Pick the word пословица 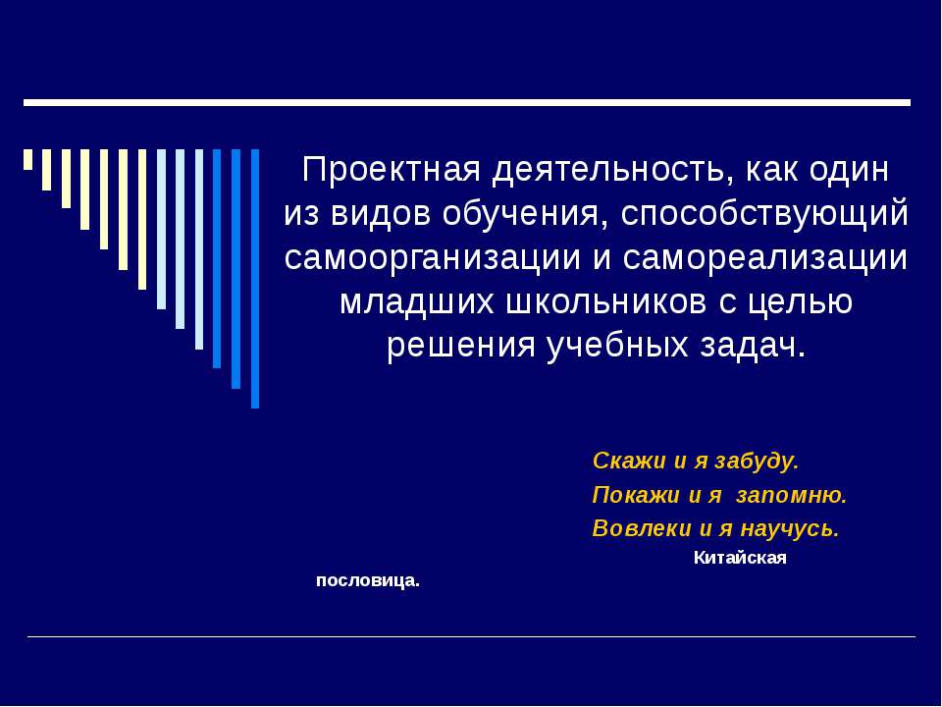pos(368,580)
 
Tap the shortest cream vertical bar pos(27,159)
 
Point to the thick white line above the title pos(467,102)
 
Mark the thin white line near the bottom pos(471,637)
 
